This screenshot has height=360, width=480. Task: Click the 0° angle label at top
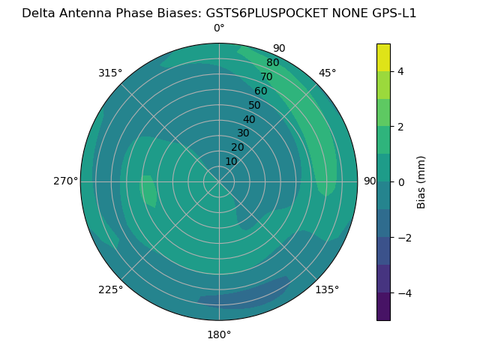point(219,28)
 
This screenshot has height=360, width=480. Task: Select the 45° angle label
point(327,73)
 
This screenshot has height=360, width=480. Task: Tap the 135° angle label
point(327,289)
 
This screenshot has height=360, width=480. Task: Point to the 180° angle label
point(219,334)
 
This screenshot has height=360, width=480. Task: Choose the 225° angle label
point(110,289)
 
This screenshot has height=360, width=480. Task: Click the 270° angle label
point(66,181)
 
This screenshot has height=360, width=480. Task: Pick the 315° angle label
point(110,73)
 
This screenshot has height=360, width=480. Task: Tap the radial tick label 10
point(231,161)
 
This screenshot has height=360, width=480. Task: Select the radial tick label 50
point(255,105)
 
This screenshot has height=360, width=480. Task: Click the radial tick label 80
point(273,63)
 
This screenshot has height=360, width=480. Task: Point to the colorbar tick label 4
point(400,71)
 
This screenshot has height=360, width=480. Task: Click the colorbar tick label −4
point(403,293)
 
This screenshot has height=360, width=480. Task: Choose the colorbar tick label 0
point(400,182)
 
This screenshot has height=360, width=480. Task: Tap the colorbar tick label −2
point(403,238)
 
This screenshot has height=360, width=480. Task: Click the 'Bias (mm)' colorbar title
point(421,182)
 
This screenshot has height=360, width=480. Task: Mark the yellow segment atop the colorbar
point(383,57)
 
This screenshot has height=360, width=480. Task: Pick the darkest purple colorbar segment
point(383,307)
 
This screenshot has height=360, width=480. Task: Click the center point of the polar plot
point(219,181)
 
